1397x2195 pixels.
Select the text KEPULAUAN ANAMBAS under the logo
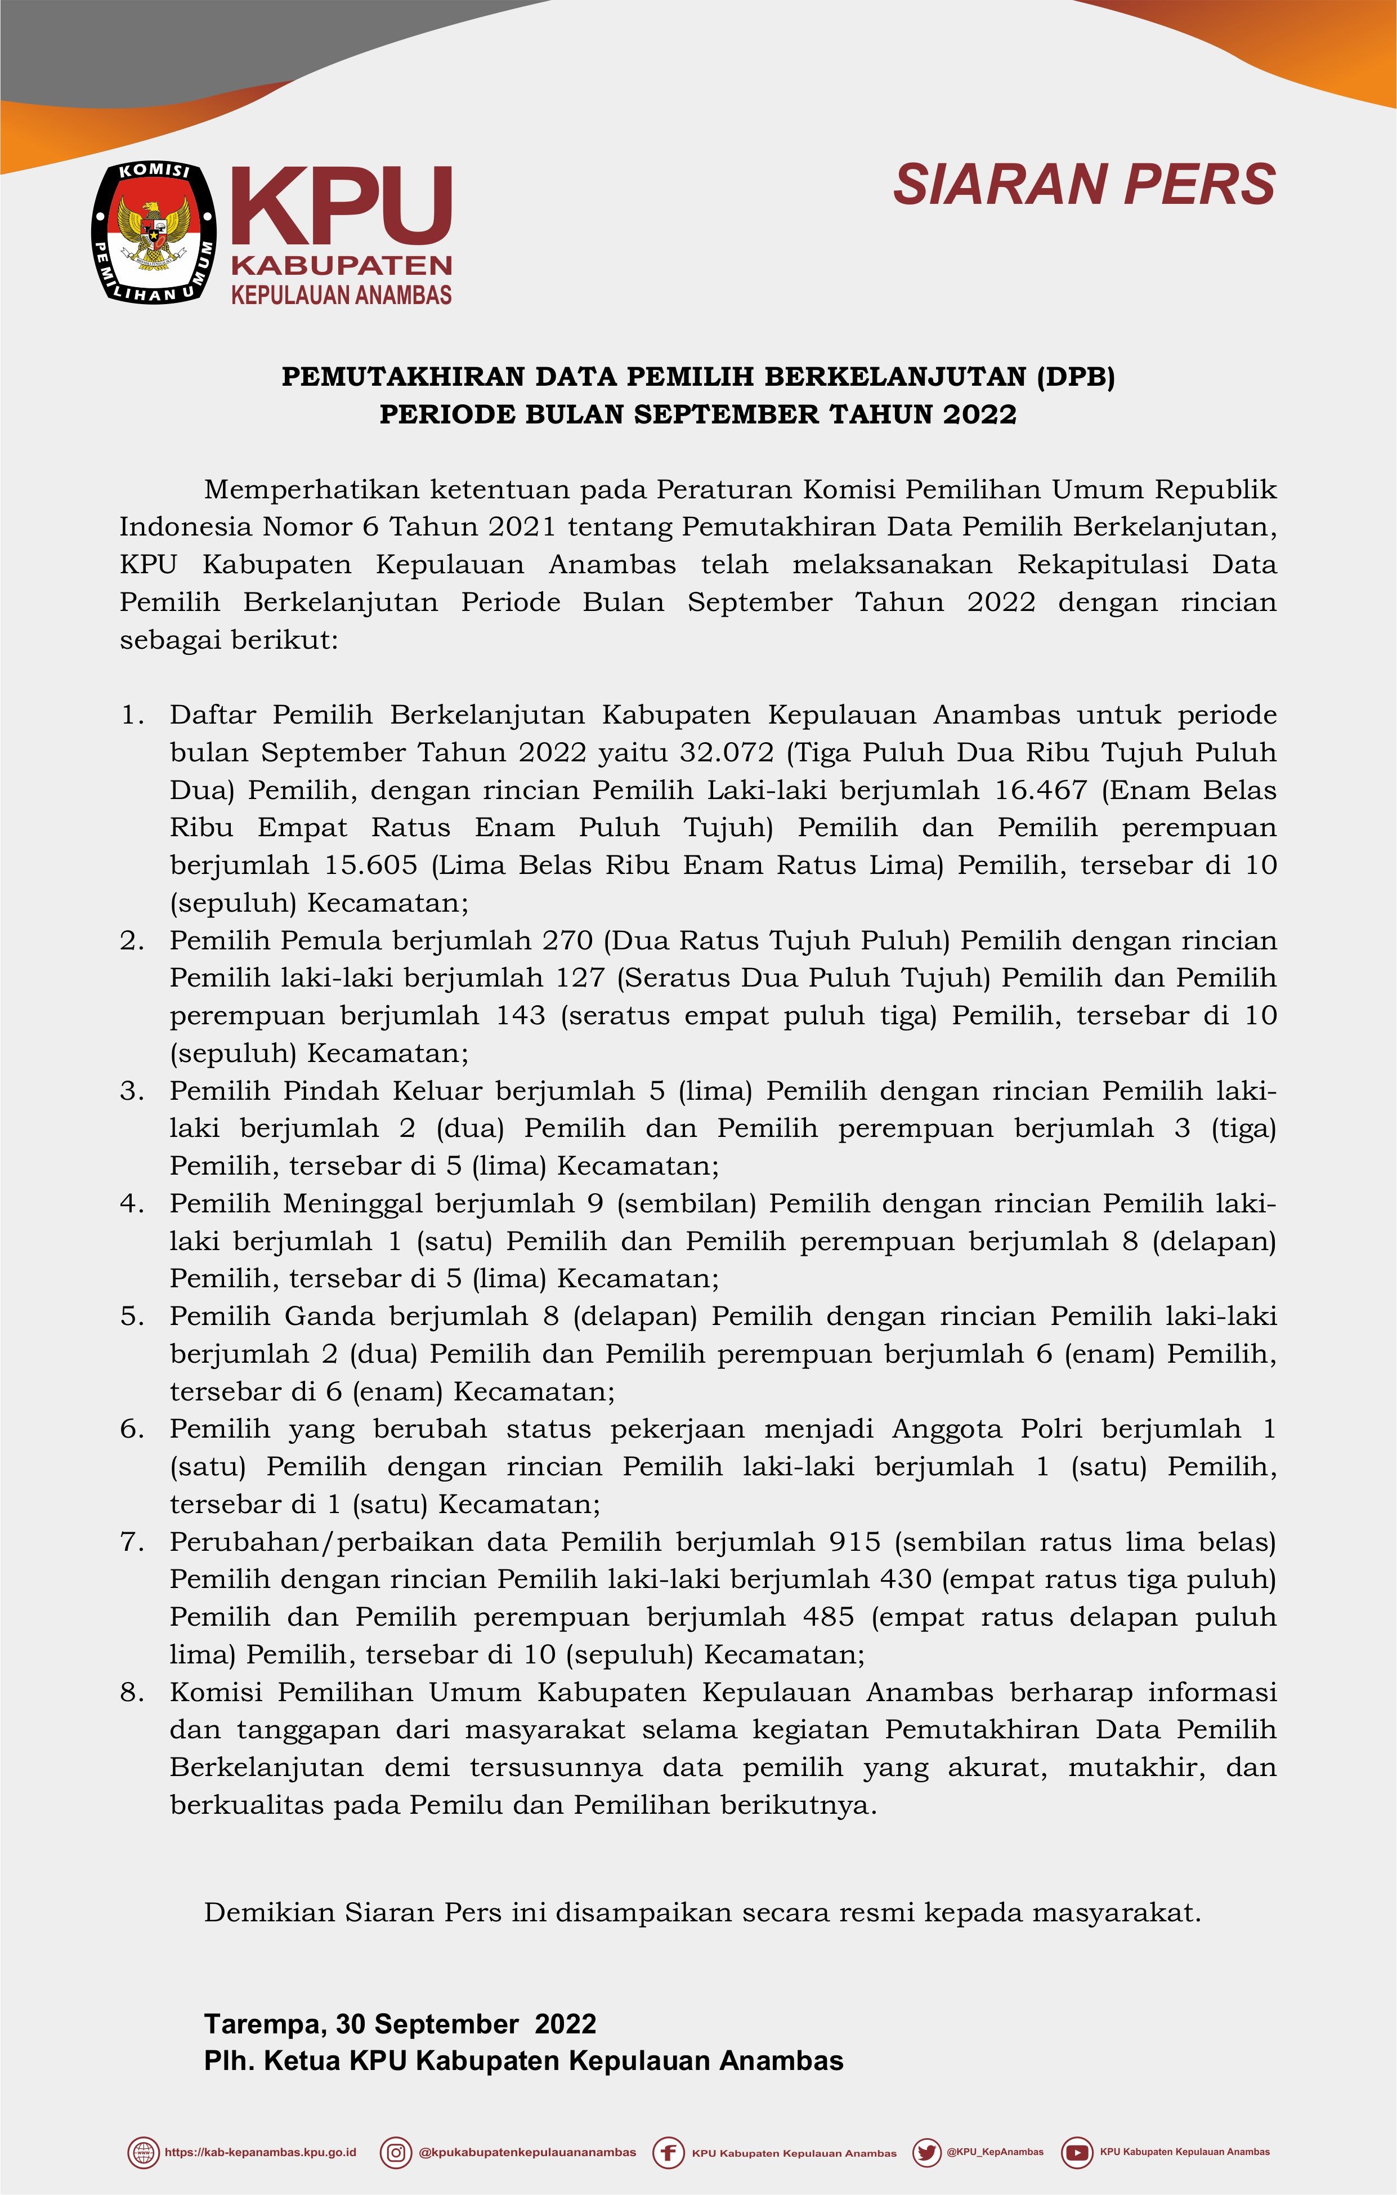[342, 295]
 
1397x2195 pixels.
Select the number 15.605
[374, 865]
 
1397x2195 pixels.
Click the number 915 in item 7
[855, 1541]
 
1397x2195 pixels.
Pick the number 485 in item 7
[829, 1616]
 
